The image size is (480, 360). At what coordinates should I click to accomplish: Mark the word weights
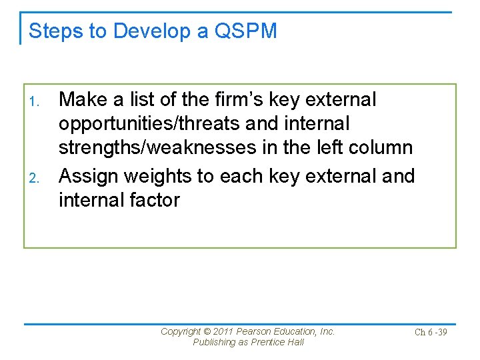[165, 176]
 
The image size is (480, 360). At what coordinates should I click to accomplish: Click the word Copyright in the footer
[181, 331]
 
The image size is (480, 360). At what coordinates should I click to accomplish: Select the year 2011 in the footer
[225, 331]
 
